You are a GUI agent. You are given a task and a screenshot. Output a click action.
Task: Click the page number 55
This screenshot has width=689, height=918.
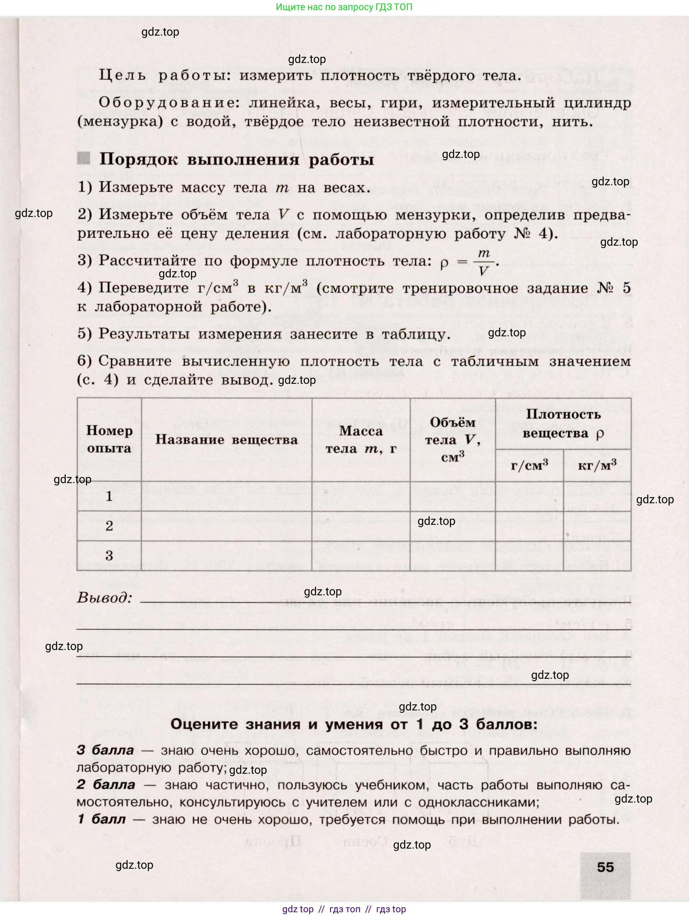click(x=605, y=867)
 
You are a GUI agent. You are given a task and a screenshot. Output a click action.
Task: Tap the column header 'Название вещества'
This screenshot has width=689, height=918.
click(x=227, y=440)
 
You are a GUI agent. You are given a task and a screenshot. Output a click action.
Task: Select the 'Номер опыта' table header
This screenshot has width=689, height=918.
click(x=109, y=440)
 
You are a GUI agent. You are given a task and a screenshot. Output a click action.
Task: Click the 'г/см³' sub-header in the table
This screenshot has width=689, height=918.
click(x=529, y=465)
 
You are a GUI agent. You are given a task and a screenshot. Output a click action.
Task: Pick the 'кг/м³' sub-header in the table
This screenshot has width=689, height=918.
click(x=597, y=465)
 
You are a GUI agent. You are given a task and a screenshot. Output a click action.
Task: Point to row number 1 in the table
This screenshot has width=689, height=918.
click(x=109, y=496)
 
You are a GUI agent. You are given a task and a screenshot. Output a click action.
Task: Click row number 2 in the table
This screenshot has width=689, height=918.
click(x=109, y=526)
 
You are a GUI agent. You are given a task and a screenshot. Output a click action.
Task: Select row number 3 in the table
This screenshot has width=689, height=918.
click(x=109, y=556)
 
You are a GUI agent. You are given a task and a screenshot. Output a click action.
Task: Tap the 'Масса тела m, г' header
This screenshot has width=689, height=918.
click(x=361, y=440)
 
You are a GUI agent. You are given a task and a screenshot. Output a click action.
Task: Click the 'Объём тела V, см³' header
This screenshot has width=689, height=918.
click(x=452, y=440)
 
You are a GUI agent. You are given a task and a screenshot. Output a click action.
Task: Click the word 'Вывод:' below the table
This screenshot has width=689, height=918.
click(x=105, y=598)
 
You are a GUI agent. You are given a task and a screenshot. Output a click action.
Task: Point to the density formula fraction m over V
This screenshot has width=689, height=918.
click(x=484, y=262)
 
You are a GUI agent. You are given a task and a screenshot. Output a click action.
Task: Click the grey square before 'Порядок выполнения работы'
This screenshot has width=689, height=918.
click(x=84, y=159)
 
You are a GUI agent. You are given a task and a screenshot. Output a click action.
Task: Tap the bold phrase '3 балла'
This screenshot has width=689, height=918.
click(x=105, y=750)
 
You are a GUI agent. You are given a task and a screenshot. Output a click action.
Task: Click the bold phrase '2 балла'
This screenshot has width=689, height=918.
click(x=106, y=785)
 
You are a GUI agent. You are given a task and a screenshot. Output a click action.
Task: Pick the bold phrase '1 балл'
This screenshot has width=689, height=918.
click(x=101, y=819)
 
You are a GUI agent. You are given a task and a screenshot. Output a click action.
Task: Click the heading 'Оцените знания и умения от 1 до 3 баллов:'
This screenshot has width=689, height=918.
click(x=353, y=724)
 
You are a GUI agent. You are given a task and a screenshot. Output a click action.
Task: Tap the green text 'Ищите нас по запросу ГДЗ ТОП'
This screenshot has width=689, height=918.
click(x=344, y=7)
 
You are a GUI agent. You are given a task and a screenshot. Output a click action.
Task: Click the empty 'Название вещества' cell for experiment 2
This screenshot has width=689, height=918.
click(x=227, y=526)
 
